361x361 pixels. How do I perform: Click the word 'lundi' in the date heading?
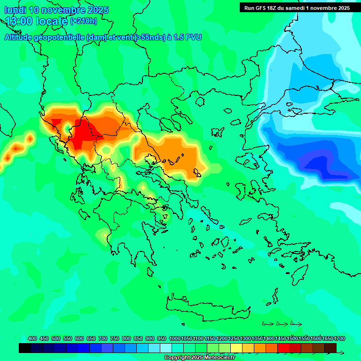click(x=15, y=10)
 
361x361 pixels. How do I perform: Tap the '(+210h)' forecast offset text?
click(x=84, y=21)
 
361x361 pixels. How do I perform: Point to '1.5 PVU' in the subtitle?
click(x=187, y=37)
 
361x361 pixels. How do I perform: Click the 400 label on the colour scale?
click(x=32, y=338)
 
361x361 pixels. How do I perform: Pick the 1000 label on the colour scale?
click(x=174, y=338)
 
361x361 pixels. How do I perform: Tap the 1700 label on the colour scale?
click(x=339, y=338)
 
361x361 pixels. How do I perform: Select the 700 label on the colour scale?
click(x=103, y=338)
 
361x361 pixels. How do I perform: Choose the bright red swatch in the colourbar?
click(x=283, y=348)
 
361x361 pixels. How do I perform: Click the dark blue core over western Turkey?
click(x=320, y=165)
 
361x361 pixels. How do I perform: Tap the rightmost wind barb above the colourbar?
click(x=296, y=323)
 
